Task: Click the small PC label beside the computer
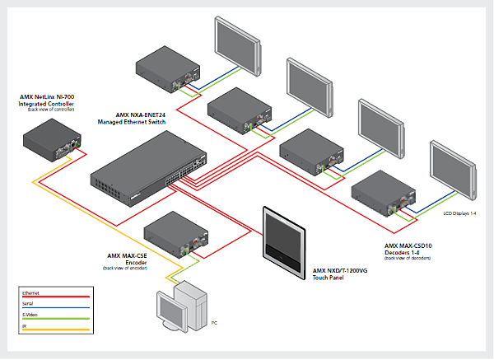coord(215,323)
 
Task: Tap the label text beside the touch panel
coord(339,272)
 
